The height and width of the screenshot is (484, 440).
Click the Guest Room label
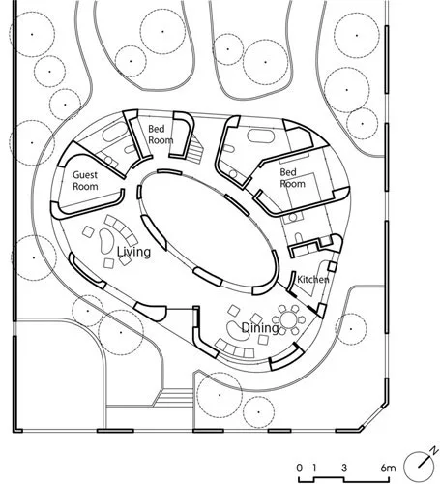click(85, 181)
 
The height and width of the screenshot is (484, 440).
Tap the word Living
click(133, 252)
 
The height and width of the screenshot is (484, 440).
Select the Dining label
click(260, 328)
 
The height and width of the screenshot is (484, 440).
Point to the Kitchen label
click(312, 280)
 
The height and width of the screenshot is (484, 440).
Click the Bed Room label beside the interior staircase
click(161, 135)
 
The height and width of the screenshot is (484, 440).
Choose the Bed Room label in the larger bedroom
click(292, 178)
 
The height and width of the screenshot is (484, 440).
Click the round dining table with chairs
click(289, 319)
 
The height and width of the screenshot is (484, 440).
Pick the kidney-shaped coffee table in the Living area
click(106, 241)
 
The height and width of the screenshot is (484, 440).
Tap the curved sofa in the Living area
click(122, 229)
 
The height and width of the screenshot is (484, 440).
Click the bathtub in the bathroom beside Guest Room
click(115, 134)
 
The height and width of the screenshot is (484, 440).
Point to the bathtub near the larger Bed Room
click(261, 136)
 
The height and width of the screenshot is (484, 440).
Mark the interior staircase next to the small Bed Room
click(194, 149)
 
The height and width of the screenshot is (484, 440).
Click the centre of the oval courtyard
click(208, 232)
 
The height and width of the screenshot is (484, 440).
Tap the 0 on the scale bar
click(300, 468)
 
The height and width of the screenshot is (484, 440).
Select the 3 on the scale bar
click(344, 468)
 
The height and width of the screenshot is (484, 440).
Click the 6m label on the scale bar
click(388, 468)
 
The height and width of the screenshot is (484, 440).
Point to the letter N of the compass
click(435, 449)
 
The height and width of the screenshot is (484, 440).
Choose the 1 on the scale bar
click(314, 468)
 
